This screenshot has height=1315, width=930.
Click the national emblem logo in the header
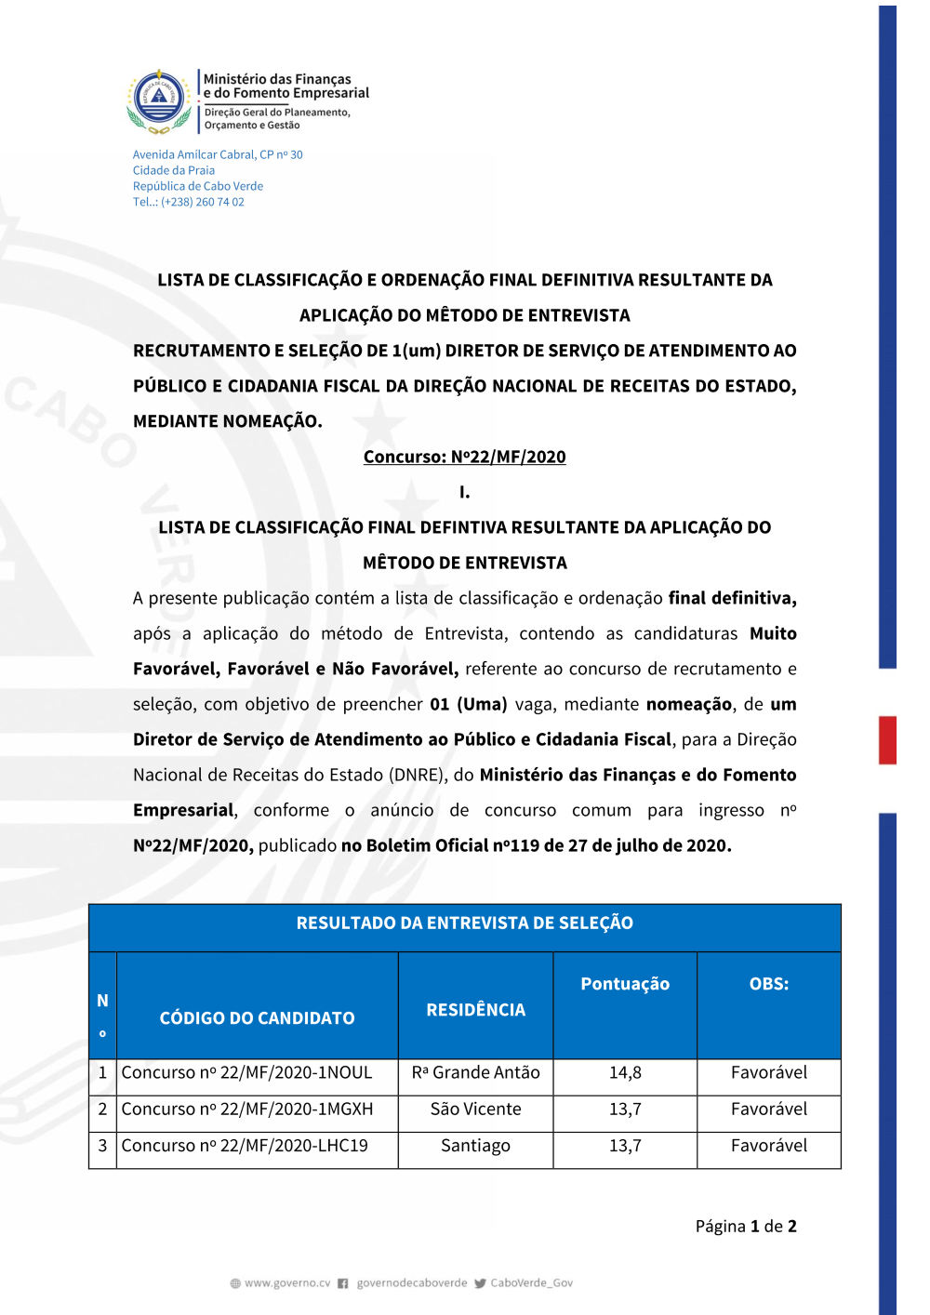coord(159,100)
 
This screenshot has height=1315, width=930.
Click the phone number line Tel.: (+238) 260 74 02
coord(189,202)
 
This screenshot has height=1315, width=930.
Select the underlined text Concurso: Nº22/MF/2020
coord(464,457)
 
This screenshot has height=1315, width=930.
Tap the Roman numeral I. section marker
coord(464,492)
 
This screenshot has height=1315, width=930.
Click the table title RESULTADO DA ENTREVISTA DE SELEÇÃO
coord(464,923)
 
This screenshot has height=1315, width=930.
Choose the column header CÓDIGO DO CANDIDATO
coord(257,1018)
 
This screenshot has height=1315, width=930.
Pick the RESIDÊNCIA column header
coord(475,1010)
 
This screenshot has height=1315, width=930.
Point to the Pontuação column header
coord(625,984)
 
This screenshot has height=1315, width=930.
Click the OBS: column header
coord(768,984)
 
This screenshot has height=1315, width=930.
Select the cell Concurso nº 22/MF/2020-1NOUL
coord(246,1073)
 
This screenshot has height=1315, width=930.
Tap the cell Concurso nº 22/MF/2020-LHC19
coord(245,1146)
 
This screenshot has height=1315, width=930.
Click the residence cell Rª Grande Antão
coord(475,1073)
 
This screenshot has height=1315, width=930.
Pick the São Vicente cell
coord(475,1109)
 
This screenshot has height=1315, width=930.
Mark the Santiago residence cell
coord(475,1146)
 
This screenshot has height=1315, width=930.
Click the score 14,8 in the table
coord(625,1073)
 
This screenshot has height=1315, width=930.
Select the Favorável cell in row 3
coord(768,1146)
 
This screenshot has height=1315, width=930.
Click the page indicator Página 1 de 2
coord(746,1227)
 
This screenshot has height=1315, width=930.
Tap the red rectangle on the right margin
coord(888,740)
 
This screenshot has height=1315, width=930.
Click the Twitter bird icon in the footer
coord(480,1283)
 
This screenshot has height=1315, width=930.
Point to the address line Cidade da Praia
coord(174,170)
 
